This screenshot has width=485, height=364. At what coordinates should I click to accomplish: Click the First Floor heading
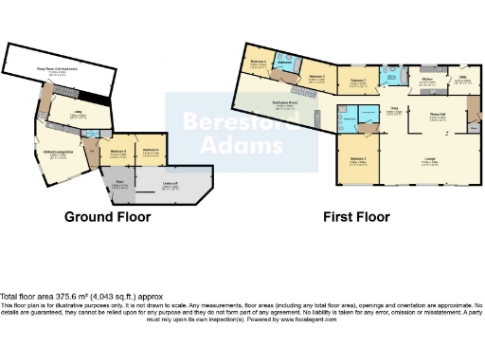(355, 216)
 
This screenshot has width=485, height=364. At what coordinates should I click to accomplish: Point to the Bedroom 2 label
(358, 82)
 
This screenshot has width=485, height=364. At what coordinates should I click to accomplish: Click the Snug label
(392, 110)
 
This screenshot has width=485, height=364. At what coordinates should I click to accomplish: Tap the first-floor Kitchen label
(427, 82)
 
